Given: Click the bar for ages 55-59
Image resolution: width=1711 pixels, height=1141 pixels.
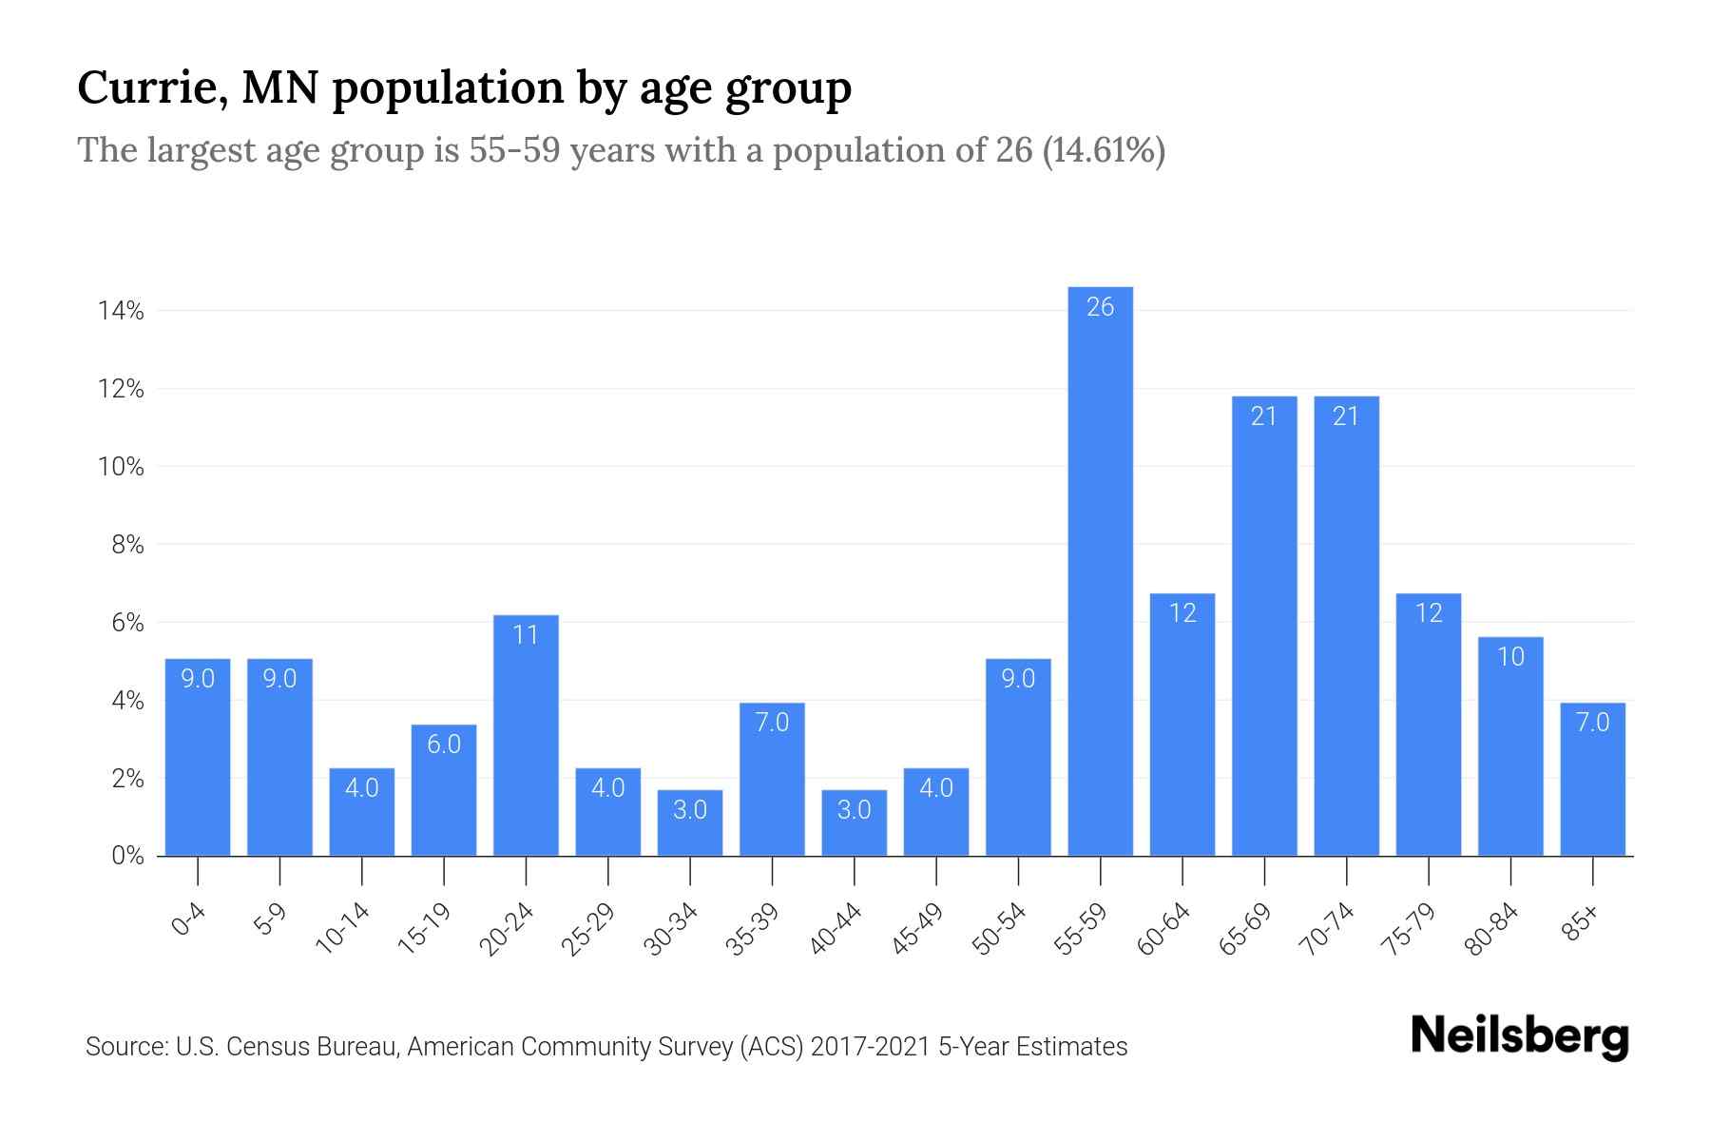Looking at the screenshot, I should coord(1100,570).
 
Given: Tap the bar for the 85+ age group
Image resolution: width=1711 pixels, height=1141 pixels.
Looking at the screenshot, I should coord(1592,779).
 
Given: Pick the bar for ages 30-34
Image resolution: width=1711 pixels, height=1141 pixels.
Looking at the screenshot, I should coord(690,822).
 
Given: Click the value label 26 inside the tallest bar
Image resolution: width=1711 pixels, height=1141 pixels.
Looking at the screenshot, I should coord(1100,307).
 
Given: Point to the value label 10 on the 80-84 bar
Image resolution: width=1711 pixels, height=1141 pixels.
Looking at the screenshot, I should coord(1510,657).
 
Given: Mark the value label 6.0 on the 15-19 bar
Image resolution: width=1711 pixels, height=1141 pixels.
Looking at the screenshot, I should coord(444,745).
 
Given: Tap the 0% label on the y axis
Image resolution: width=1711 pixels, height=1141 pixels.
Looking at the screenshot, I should coord(127,856).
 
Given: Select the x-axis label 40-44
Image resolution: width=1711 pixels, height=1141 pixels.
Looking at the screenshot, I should coord(836,929).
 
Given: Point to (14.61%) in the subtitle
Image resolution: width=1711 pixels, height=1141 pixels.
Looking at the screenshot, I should coord(1104,150).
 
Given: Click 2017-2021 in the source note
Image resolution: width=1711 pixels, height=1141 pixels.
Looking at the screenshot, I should coord(870,1047).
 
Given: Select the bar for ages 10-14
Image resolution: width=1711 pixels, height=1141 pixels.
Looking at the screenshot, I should coord(362,812).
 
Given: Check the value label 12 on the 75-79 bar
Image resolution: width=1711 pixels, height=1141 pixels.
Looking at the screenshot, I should coord(1429,613).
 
